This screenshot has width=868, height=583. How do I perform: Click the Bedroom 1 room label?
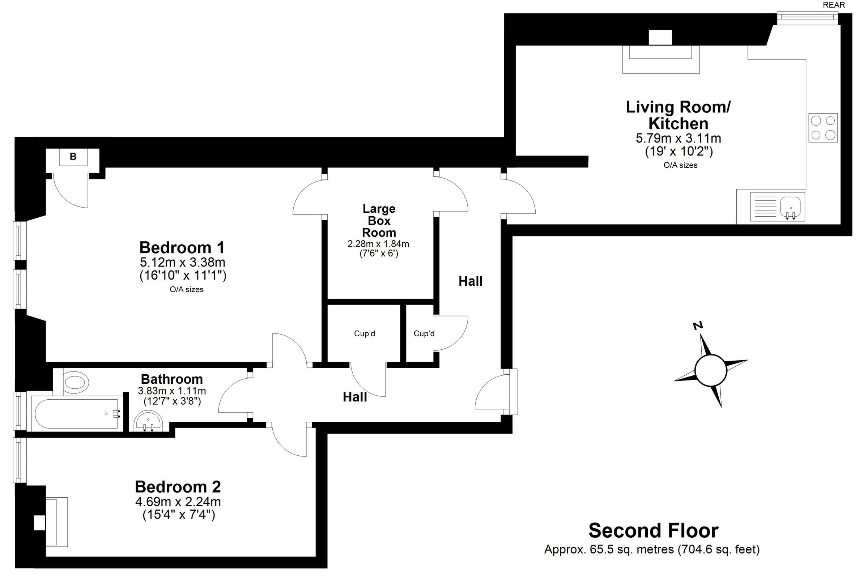click(182, 248)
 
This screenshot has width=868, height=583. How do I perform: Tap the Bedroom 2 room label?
click(178, 487)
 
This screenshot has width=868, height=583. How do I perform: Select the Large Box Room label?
click(379, 221)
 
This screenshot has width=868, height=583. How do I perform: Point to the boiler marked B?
click(73, 157)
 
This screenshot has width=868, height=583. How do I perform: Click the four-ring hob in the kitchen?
click(823, 128)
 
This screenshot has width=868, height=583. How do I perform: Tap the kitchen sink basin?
click(791, 207)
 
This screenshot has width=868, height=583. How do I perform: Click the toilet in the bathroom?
click(76, 381)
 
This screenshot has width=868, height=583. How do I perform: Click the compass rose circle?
click(710, 371)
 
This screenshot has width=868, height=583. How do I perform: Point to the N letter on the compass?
click(698, 326)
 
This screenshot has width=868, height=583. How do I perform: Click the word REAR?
click(834, 5)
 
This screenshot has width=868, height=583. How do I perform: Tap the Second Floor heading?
click(654, 530)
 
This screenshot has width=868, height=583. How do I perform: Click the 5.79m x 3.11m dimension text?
click(678, 138)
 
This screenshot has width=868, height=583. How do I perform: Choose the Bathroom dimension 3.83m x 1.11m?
click(172, 391)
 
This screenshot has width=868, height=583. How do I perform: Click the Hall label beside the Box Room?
click(470, 281)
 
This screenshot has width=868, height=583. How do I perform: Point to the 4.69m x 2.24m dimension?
click(178, 502)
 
